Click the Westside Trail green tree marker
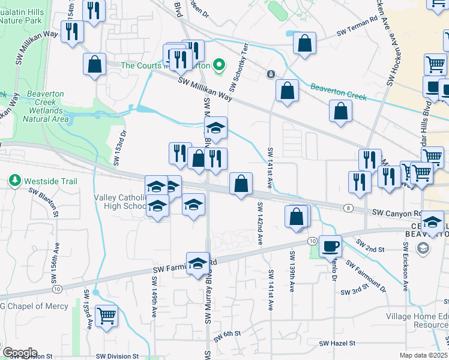(14, 180)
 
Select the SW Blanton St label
(43, 202)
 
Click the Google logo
(19, 353)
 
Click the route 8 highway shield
(349, 208)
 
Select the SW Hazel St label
(338, 344)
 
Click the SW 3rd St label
(354, 292)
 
